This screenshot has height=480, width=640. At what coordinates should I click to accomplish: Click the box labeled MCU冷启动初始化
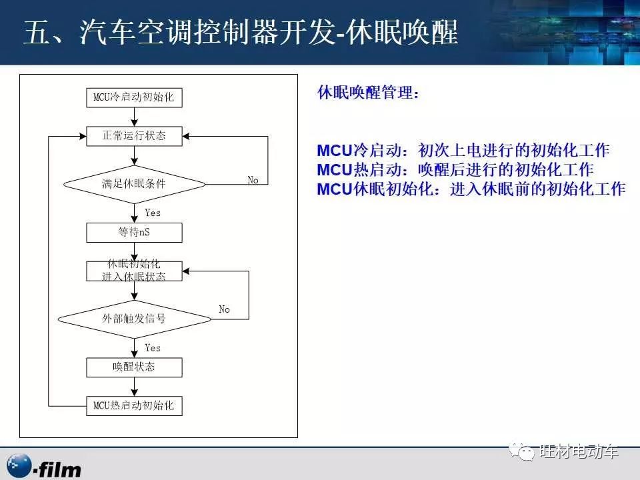point(134,97)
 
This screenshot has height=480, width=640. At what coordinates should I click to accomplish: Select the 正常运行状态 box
point(134,136)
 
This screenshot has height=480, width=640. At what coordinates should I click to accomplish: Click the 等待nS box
point(134,232)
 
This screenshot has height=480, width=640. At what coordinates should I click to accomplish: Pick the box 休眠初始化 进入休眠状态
point(134,271)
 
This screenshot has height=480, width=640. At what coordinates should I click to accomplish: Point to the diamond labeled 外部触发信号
point(134,319)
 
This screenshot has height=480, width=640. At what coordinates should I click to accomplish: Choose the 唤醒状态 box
point(134,367)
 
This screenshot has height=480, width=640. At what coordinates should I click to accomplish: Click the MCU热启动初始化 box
point(134,405)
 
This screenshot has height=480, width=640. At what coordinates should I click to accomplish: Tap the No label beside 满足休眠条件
point(253,181)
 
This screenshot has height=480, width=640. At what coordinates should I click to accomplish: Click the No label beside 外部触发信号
point(225,309)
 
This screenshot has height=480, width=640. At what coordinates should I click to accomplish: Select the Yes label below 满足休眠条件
point(153,213)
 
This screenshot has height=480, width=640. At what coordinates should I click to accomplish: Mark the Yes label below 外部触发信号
point(153,348)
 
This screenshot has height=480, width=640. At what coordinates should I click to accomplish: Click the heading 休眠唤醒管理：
point(369,93)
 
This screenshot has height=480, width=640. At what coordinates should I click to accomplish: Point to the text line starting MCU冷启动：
point(463,150)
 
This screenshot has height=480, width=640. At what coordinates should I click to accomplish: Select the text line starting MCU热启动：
point(455,169)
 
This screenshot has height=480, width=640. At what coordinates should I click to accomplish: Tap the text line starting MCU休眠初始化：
point(471,189)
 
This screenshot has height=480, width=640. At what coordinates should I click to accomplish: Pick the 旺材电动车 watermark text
point(579,452)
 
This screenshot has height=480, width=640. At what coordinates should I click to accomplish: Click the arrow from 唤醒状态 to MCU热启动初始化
point(135,386)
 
